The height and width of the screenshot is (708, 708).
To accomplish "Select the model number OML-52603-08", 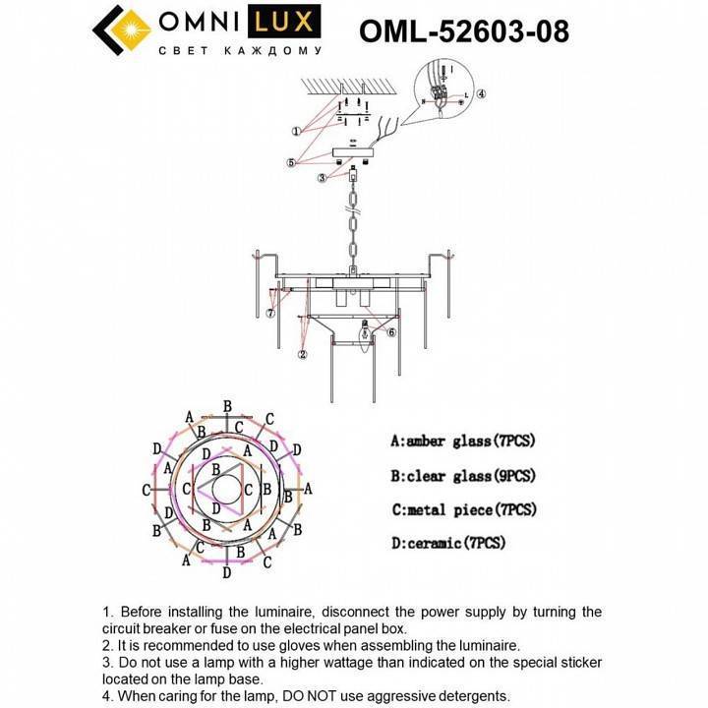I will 464,31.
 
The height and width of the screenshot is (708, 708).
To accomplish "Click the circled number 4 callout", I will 482,94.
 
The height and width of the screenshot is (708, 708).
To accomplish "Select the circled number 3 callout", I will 322,178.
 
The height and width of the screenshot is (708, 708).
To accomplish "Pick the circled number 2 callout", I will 303,354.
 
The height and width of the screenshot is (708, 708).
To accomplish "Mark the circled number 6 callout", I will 391,333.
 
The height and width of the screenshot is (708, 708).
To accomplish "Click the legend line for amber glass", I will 462,442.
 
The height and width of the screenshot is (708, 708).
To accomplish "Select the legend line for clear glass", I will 462,476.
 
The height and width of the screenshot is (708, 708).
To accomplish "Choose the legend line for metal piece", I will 462,509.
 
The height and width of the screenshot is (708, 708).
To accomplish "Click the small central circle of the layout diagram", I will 228,489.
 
